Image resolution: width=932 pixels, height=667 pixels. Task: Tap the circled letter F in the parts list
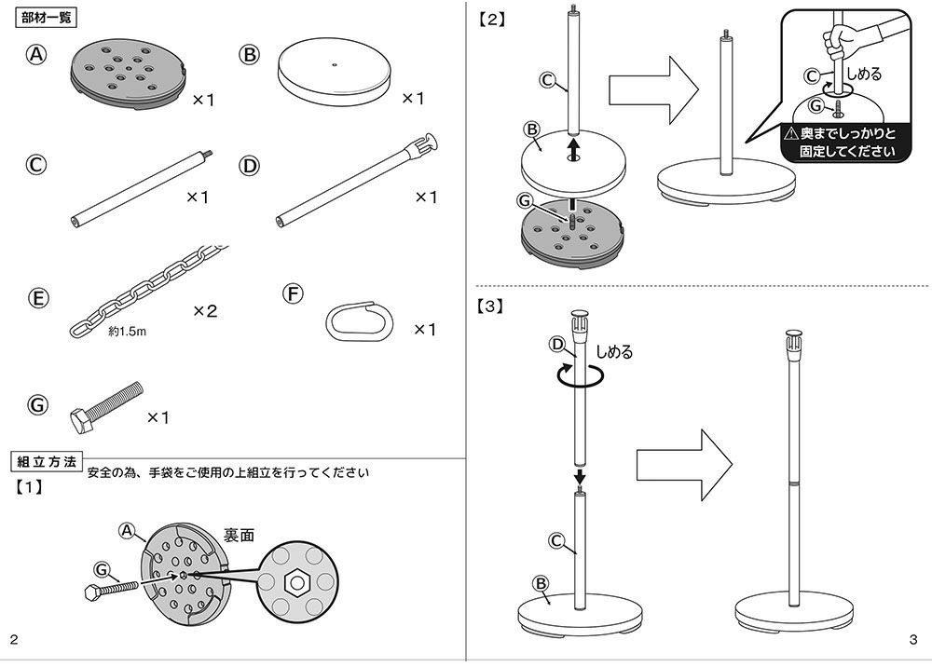(293, 293)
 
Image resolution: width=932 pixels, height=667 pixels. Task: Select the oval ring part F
(360, 320)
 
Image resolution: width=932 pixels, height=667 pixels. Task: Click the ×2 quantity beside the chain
(205, 311)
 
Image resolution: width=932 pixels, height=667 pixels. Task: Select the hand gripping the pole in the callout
(837, 40)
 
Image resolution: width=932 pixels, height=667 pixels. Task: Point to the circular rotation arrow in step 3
(578, 374)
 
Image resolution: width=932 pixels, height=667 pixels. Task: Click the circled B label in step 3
(540, 583)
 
